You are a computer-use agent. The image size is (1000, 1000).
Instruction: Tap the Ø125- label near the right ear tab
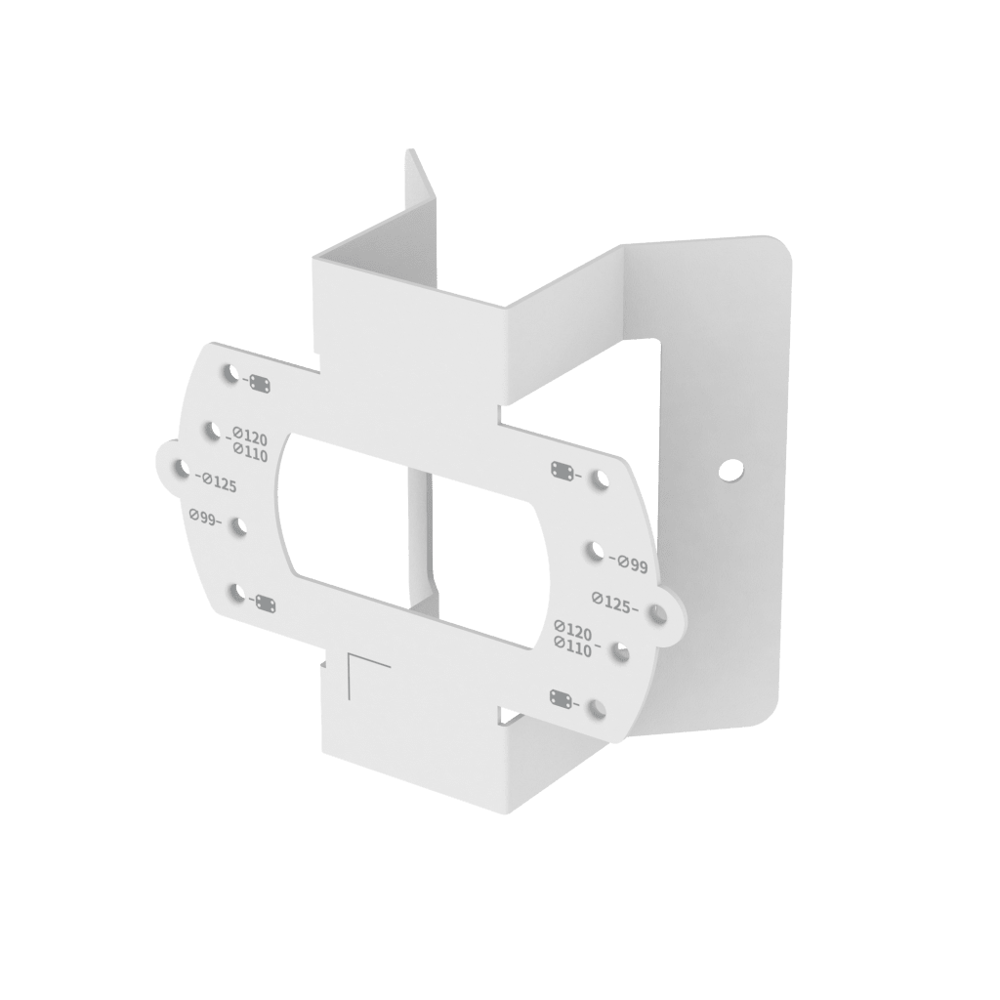613,603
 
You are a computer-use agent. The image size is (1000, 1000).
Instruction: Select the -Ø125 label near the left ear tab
216,481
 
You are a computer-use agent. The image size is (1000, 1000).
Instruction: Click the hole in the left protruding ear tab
180,470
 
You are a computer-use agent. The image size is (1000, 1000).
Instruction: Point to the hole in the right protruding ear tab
657,613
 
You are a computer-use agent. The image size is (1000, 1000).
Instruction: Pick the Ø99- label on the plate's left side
206,519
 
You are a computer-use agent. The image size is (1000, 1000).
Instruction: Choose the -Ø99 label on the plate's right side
628,562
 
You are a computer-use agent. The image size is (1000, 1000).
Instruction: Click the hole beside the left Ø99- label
237,527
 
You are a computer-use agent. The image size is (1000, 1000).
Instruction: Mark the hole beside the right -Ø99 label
595,552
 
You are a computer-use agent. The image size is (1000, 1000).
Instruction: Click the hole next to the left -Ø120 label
212,429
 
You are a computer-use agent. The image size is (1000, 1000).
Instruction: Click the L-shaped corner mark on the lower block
366,673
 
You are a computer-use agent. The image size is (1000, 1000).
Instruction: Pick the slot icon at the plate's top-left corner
261,384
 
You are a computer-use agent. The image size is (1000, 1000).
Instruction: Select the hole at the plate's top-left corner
230,373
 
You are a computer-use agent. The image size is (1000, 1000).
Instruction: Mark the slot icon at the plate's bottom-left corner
265,604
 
